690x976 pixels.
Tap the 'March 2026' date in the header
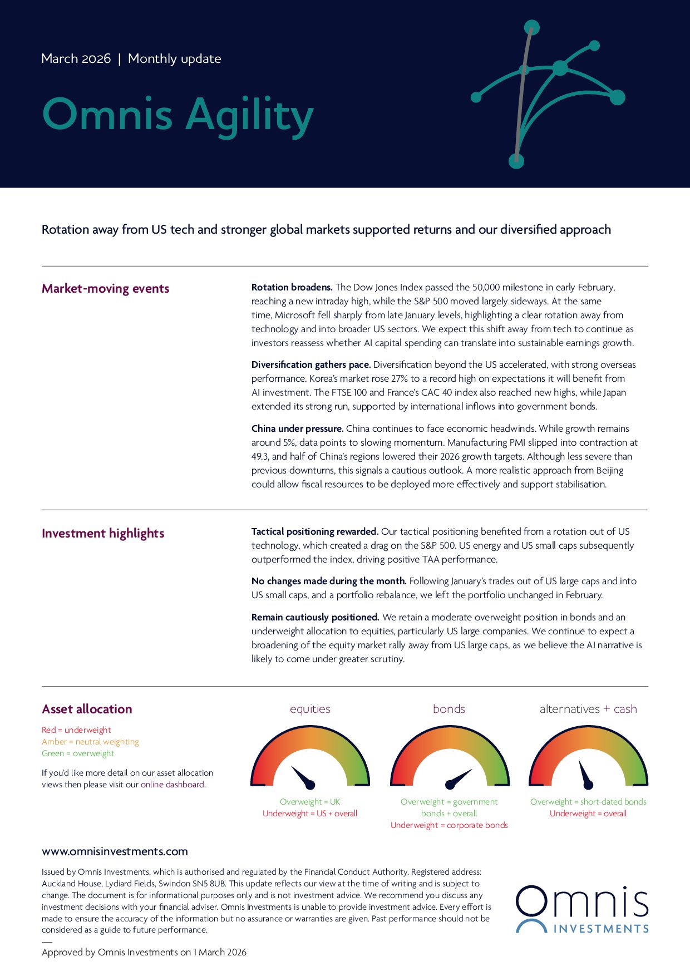tap(76, 58)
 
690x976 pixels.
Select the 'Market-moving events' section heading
tap(105, 288)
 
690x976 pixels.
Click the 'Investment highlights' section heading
tap(103, 533)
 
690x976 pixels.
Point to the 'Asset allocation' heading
tap(87, 709)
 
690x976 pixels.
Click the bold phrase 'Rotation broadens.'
tap(292, 287)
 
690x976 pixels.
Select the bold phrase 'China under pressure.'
tap(297, 428)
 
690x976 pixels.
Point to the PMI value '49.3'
tap(260, 456)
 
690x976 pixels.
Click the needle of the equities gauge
tap(303, 777)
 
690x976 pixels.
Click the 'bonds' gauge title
tap(448, 709)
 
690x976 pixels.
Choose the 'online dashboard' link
tap(172, 785)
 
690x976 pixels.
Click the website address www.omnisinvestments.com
tap(115, 851)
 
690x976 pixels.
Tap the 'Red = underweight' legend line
tap(76, 730)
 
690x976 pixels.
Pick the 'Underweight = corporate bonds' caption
tap(449, 825)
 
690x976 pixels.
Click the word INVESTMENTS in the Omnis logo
tap(601, 929)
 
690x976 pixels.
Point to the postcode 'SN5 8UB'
tap(209, 884)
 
